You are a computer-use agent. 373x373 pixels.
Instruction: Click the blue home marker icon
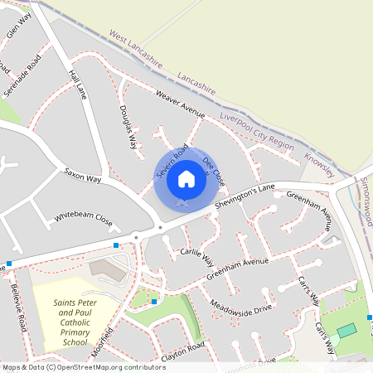click(x=186, y=178)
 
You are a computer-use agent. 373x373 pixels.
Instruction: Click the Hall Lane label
click(x=78, y=84)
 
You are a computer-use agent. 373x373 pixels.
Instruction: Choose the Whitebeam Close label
click(x=83, y=220)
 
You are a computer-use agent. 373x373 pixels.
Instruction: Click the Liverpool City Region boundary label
click(x=257, y=132)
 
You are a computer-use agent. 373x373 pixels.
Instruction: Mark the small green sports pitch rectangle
click(x=346, y=330)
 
